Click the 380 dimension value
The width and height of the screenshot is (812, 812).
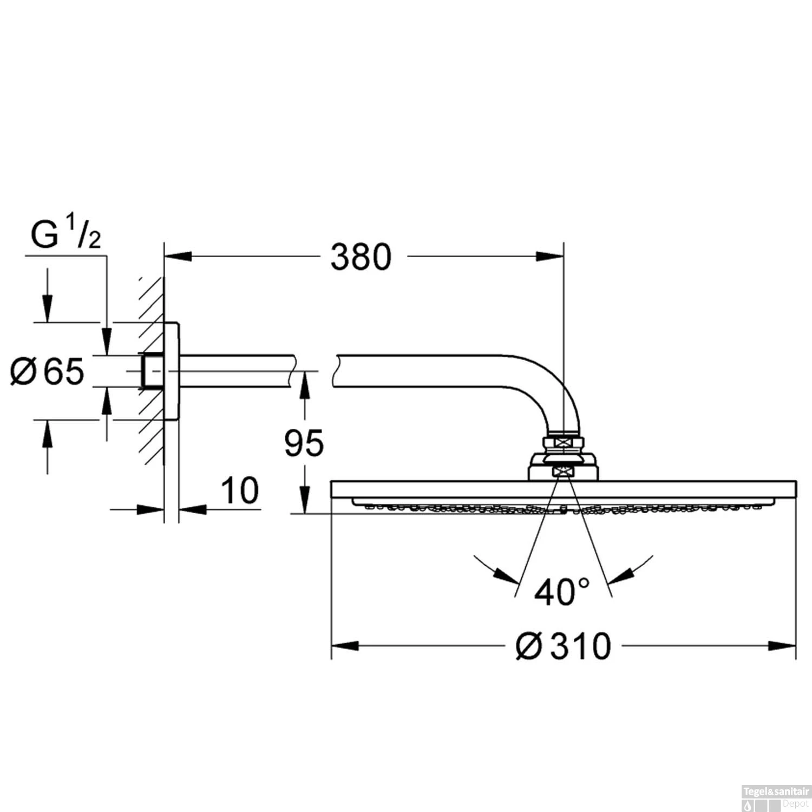point(361,257)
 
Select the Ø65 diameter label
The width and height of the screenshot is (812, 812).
point(48,372)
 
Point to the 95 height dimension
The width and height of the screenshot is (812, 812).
point(304,443)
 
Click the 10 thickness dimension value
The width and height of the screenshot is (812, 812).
point(240,490)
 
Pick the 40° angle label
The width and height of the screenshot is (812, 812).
point(561,592)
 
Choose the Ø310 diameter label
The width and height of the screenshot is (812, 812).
point(563,646)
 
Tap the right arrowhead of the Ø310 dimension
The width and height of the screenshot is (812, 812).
point(782,645)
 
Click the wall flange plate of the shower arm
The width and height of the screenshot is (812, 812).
point(172,371)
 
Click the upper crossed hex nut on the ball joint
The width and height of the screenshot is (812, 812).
point(564,442)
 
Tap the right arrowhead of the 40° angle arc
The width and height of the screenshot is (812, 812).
point(620,575)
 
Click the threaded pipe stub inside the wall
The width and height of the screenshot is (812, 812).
point(153,371)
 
